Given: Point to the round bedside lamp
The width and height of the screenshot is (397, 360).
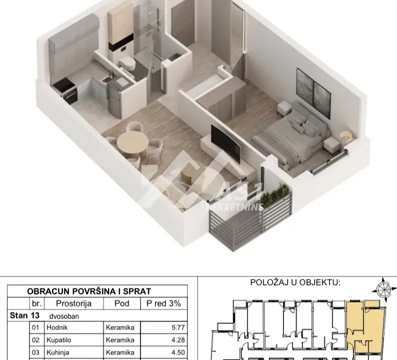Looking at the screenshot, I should point(344,135).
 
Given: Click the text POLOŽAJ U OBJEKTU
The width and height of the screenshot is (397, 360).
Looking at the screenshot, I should point(295,282).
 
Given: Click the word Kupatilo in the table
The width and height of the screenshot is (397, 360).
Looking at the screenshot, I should point(59,340).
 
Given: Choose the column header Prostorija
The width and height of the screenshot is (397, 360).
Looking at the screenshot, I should point(73,303).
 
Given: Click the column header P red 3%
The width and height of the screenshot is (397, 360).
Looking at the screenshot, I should point(164,303).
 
